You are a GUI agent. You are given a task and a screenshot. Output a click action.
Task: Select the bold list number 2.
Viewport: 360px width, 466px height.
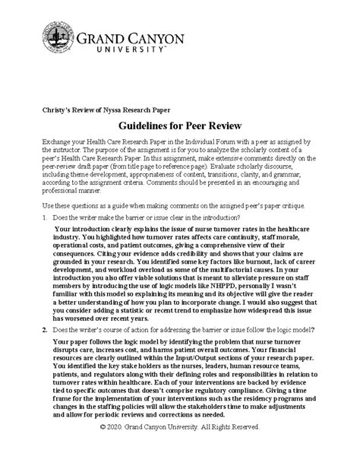point(43,329)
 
